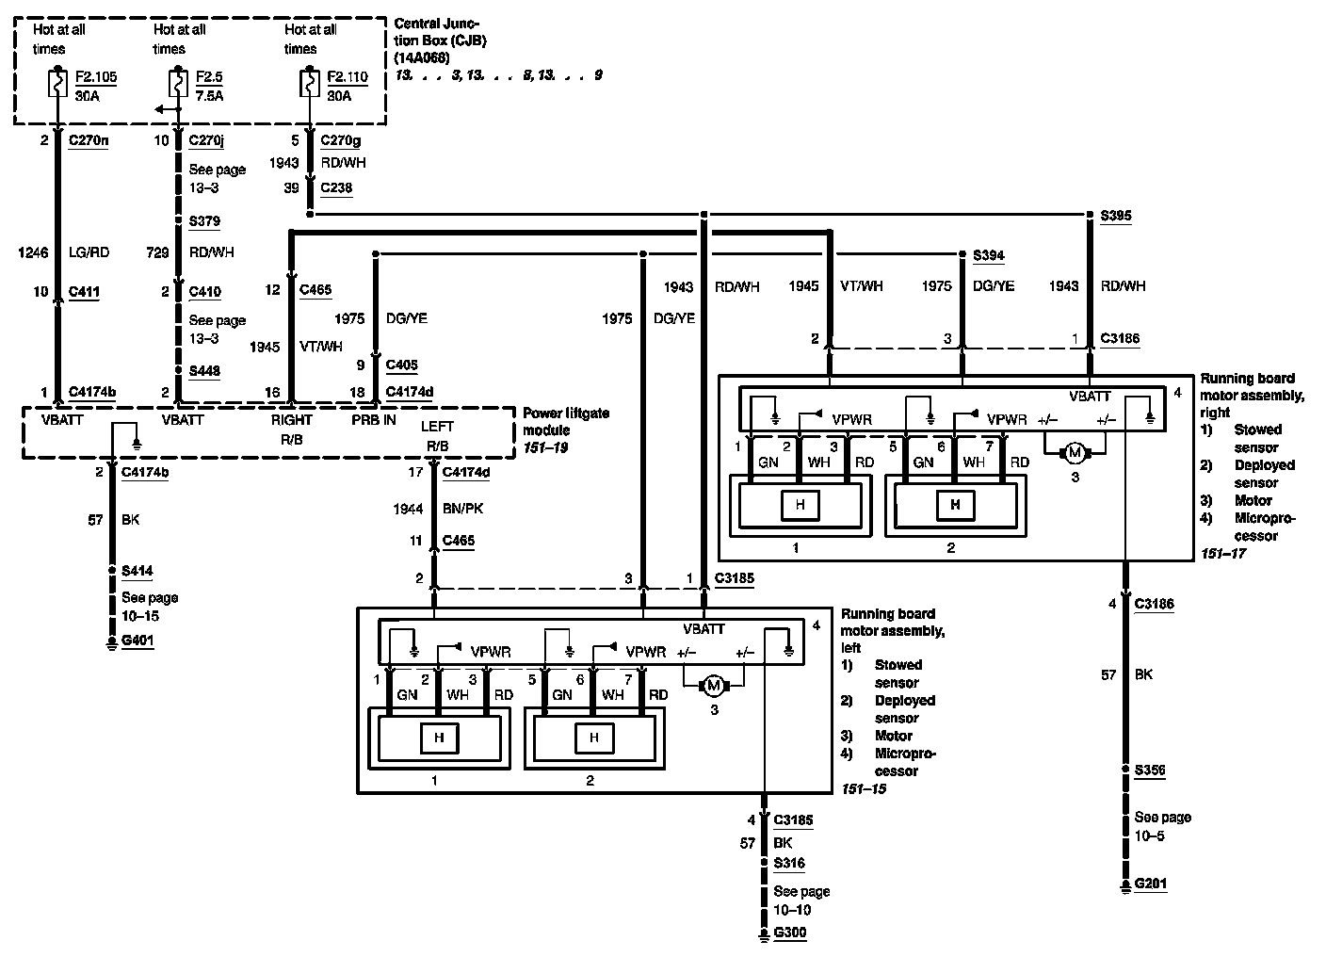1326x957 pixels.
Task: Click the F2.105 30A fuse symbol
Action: (58, 84)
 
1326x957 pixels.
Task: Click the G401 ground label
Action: (137, 641)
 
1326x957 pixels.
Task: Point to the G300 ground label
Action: (789, 933)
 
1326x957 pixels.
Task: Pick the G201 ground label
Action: (1151, 884)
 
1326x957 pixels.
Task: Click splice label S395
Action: (1116, 216)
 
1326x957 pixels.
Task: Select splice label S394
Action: (988, 255)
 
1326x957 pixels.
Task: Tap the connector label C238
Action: (336, 187)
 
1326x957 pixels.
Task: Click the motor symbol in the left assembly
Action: (713, 685)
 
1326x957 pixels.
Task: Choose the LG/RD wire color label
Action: (89, 252)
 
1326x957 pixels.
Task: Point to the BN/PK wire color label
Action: (461, 509)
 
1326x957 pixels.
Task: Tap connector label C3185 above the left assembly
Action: (734, 578)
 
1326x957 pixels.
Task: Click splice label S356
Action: (1149, 770)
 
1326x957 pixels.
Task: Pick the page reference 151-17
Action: (1222, 554)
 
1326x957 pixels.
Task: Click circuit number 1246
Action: (33, 252)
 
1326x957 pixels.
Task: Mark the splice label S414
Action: (137, 571)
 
